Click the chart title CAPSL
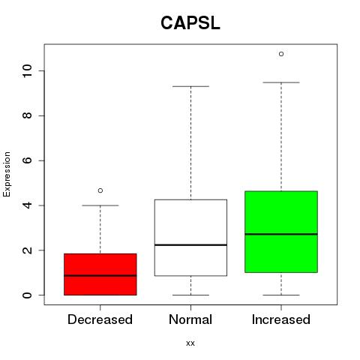point(190,23)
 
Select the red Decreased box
point(100,274)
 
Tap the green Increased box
point(281,232)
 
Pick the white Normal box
point(190,238)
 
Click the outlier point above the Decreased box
point(100,190)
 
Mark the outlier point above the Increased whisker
point(281,54)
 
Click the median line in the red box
point(100,275)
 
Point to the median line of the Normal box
point(190,244)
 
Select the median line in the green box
point(281,234)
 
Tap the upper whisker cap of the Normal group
point(190,86)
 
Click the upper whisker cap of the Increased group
point(281,82)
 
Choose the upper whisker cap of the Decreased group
point(100,205)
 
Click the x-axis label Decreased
point(100,319)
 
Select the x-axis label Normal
point(190,319)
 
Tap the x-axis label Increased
point(281,319)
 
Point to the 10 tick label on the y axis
point(27,70)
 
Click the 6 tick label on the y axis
point(27,160)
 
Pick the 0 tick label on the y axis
point(27,295)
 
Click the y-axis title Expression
point(7,174)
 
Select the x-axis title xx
point(190,343)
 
